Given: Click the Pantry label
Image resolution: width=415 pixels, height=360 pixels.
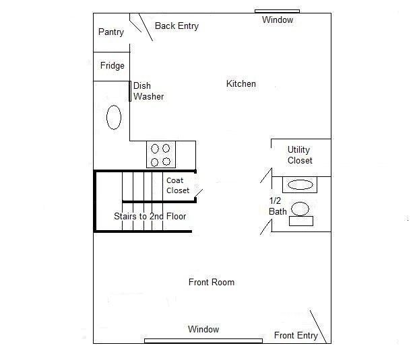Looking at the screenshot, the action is pyautogui.click(x=111, y=32).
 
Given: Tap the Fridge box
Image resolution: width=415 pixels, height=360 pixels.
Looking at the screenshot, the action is pyautogui.click(x=111, y=67).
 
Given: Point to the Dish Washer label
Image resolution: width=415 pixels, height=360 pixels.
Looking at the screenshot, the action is pyautogui.click(x=148, y=92).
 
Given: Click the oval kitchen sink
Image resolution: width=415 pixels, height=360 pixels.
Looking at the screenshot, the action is pyautogui.click(x=114, y=117).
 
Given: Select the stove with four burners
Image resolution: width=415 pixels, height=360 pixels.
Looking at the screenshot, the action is pyautogui.click(x=161, y=155).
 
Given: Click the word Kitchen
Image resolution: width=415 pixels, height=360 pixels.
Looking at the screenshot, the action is pyautogui.click(x=241, y=84).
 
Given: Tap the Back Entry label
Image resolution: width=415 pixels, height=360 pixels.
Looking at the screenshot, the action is pyautogui.click(x=177, y=26).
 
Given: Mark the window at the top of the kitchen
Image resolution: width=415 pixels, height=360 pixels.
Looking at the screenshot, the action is pyautogui.click(x=277, y=11).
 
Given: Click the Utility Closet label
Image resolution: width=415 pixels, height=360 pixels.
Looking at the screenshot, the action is pyautogui.click(x=300, y=155).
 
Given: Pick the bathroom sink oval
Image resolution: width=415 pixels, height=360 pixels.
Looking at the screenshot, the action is pyautogui.click(x=300, y=185).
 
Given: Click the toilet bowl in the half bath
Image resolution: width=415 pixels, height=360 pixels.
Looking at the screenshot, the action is pyautogui.click(x=300, y=209).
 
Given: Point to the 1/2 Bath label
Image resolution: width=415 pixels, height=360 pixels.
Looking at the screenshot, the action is pyautogui.click(x=278, y=206).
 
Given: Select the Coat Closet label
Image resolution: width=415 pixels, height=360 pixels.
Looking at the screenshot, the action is pyautogui.click(x=178, y=185).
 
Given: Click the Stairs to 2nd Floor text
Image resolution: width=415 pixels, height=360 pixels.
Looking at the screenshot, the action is pyautogui.click(x=150, y=217).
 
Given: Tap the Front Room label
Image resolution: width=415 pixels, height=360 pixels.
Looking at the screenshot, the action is pyautogui.click(x=212, y=283).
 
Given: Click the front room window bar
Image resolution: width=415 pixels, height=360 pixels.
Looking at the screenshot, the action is pyautogui.click(x=203, y=341).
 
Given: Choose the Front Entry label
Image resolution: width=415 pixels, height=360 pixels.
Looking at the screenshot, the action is pyautogui.click(x=296, y=335).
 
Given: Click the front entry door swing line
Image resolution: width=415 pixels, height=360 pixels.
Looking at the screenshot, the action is pyautogui.click(x=318, y=327).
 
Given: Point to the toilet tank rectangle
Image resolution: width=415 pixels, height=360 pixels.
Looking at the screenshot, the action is pyautogui.click(x=301, y=221).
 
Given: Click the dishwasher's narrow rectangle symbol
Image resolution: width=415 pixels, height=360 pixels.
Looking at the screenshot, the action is pyautogui.click(x=130, y=92).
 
